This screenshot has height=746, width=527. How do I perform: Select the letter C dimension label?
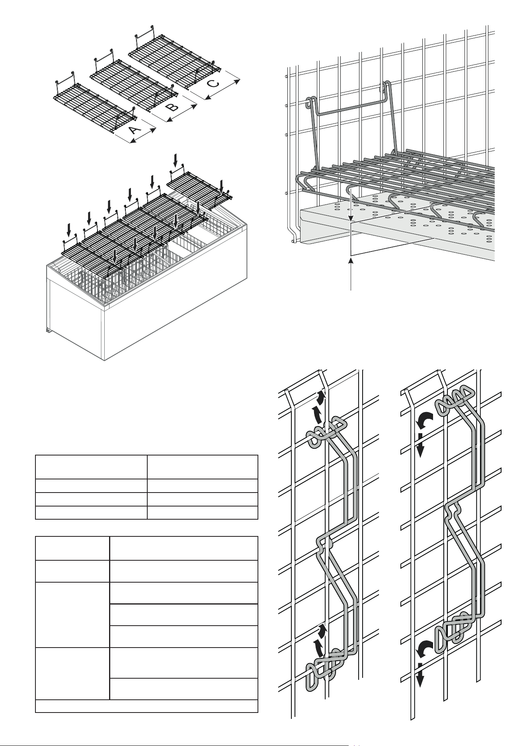214,84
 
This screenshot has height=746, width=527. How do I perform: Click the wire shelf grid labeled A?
94,106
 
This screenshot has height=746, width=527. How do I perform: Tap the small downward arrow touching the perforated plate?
351,207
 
